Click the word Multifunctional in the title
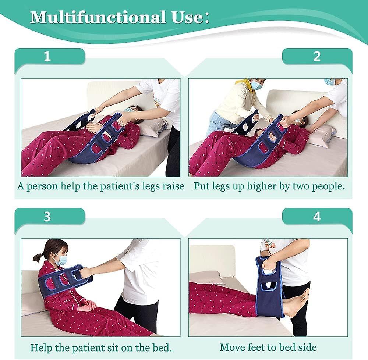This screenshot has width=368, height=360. click(98, 17)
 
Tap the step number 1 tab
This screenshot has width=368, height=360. click(47, 56)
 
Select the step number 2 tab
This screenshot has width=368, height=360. click(317, 56)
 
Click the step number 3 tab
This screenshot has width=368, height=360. click(47, 216)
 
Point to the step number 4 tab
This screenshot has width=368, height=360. click(317, 216)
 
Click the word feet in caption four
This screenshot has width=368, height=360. click(258, 347)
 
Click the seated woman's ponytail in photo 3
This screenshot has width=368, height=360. click(38, 257)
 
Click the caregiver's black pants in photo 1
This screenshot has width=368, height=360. click(173, 154)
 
